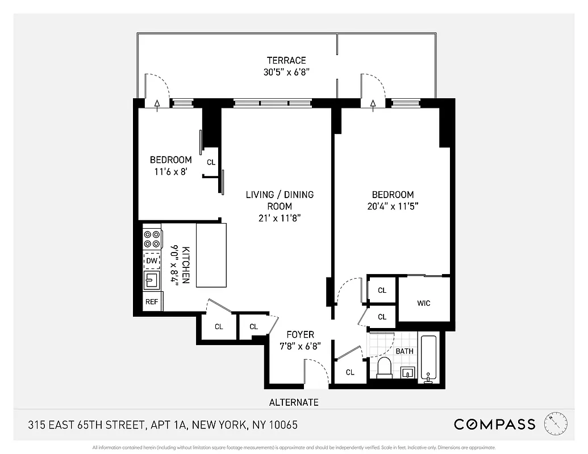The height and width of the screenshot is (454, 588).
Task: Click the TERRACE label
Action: click(286, 60)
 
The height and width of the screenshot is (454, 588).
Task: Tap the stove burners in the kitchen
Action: click(152, 238)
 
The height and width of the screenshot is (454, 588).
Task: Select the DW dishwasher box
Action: click(152, 261)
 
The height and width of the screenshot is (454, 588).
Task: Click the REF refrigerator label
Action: click(152, 302)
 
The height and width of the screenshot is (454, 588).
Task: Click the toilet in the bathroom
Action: click(385, 368)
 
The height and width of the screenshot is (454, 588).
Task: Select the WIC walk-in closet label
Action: click(424, 303)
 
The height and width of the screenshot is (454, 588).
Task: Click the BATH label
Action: click(404, 351)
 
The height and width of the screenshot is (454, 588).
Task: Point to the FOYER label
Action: click(300, 335)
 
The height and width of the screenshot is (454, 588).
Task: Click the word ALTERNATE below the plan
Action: click(294, 402)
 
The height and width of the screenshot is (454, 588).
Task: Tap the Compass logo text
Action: click(494, 424)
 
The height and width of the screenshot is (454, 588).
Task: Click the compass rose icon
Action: click(556, 423)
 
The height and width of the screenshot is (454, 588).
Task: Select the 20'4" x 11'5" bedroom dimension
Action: click(393, 207)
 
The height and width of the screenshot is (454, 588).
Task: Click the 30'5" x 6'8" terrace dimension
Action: click(286, 72)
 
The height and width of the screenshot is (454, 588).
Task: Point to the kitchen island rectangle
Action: click(211, 255)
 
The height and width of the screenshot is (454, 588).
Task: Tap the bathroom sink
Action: click(408, 372)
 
